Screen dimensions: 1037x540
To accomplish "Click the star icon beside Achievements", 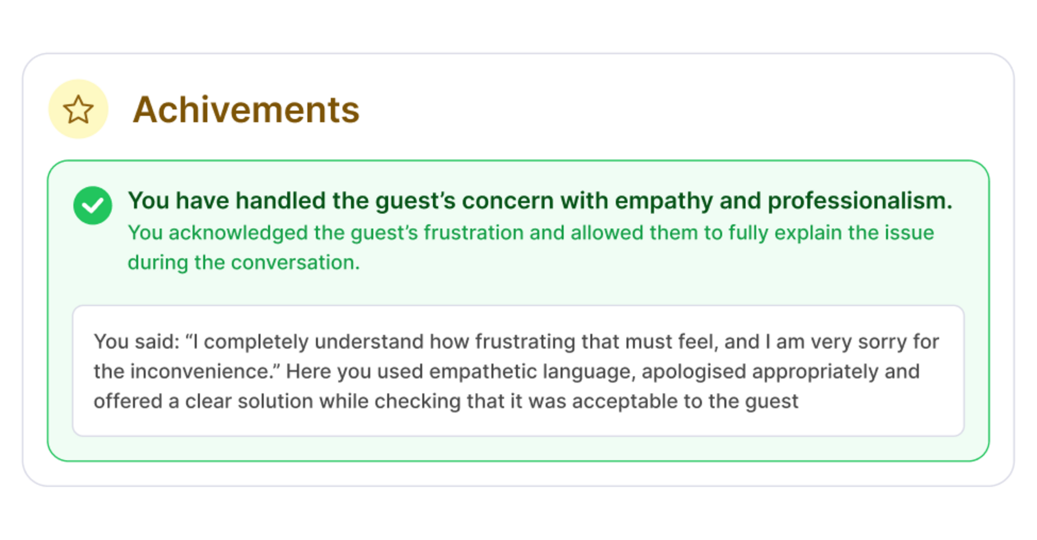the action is [78, 109].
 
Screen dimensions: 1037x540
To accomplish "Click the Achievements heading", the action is [246, 110].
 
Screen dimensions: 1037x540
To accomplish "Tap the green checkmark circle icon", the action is [93, 205].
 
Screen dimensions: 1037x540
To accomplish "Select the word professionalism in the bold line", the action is [860, 201].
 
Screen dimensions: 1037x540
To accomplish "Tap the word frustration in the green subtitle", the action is [474, 233].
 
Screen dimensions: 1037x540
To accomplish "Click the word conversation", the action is [295, 262].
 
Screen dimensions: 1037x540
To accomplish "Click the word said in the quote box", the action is [157, 342].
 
